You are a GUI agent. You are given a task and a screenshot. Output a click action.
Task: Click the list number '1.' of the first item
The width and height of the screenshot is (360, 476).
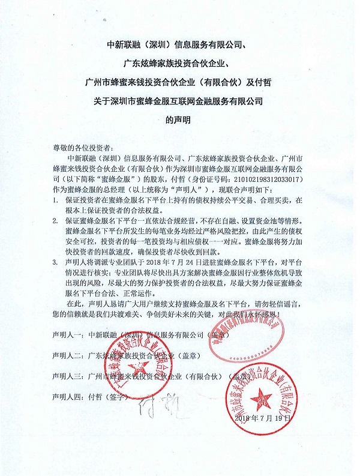point(55,199)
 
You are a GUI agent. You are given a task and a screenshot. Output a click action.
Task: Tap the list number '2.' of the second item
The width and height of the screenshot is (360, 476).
point(55,221)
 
